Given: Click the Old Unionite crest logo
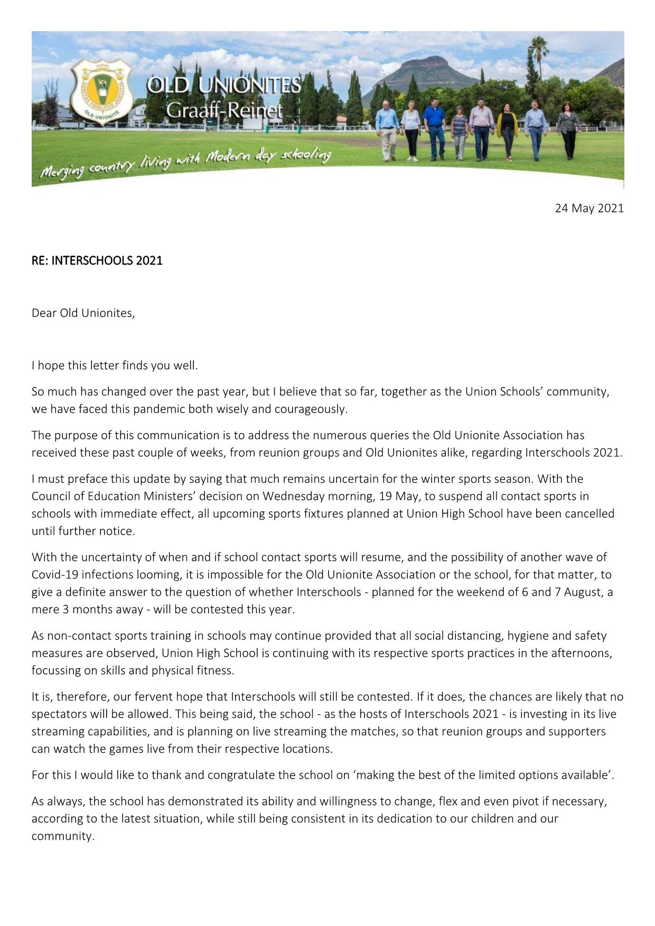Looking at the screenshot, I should [x=102, y=91].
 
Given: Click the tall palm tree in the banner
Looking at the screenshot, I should [x=538, y=58].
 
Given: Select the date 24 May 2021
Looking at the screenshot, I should [x=589, y=208].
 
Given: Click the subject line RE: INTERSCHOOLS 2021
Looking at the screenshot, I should [x=97, y=260].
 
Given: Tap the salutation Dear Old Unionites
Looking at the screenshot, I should [x=83, y=313].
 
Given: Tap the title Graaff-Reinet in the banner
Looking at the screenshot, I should [x=224, y=110].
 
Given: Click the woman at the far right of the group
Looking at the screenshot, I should [x=569, y=130].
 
